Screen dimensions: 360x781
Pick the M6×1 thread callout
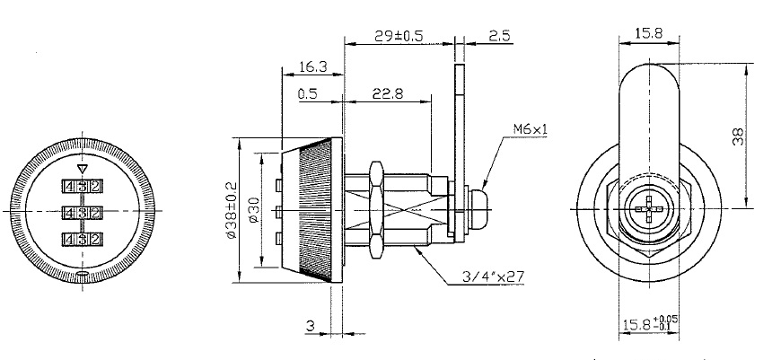coord(530,129)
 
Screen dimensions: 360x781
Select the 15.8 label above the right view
coord(649,33)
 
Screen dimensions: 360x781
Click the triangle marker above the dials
coord(82,168)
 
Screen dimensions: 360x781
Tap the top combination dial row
coord(81,186)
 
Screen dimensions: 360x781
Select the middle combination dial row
coord(81,213)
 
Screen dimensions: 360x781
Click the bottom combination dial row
coord(81,239)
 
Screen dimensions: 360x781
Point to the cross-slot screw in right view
coord(649,213)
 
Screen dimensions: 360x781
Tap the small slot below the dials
coord(82,275)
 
